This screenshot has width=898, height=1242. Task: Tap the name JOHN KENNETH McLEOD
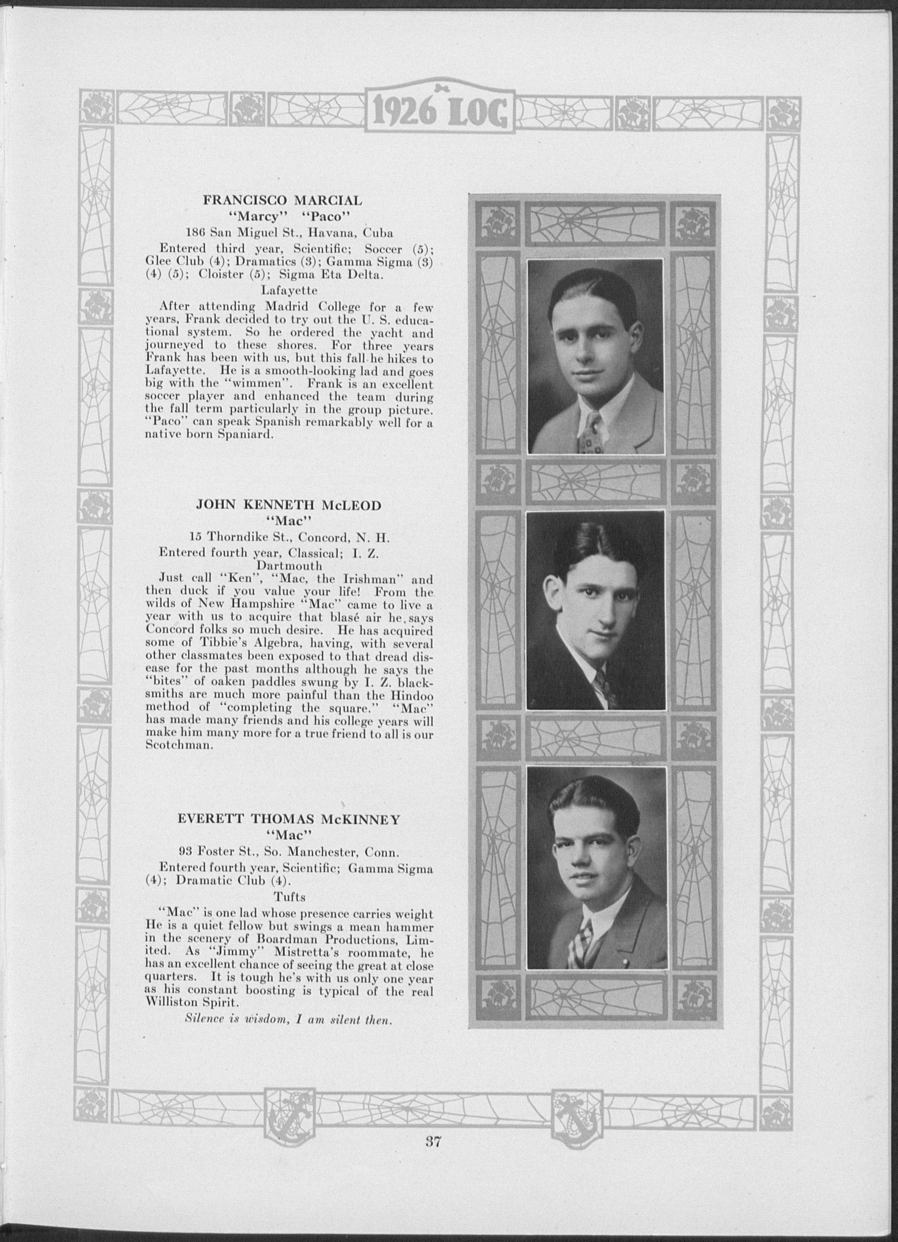288,505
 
